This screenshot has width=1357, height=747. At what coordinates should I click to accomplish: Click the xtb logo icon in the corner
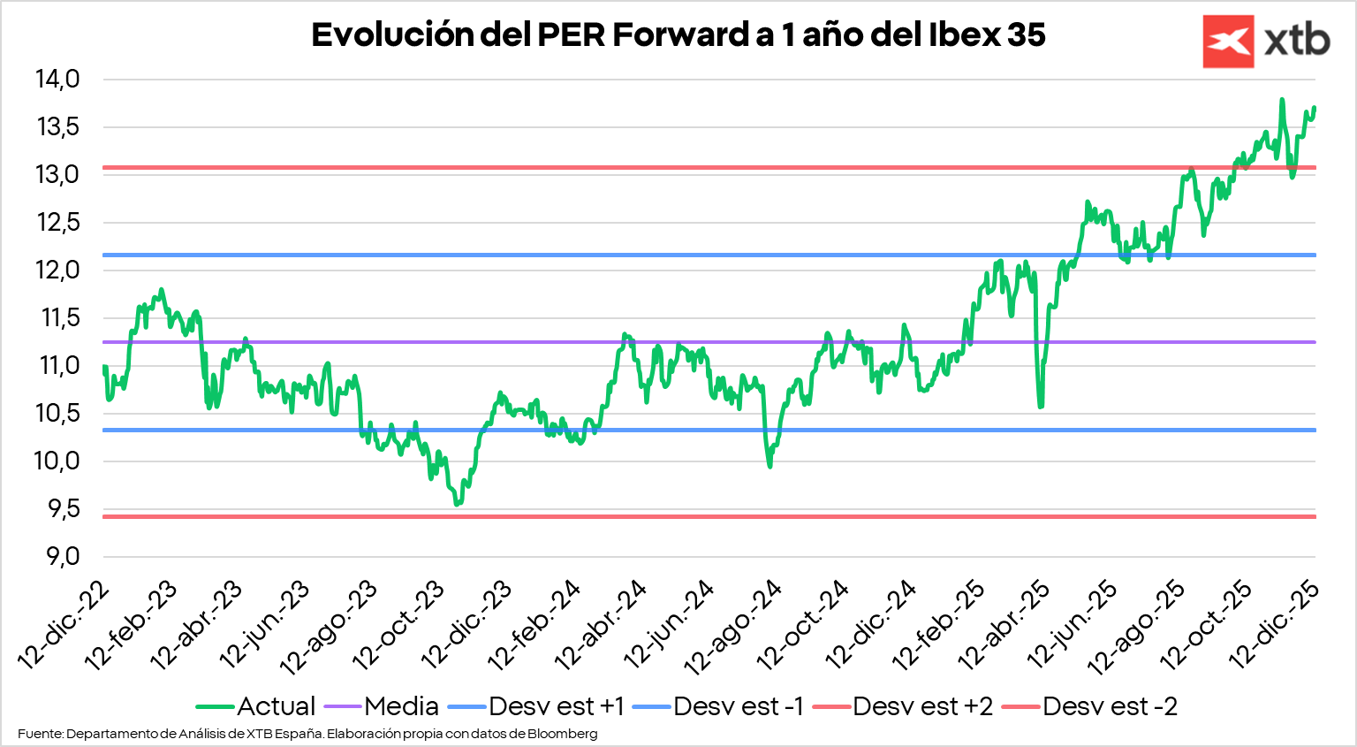coord(1228,42)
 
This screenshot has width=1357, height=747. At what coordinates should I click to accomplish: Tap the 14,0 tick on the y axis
coord(57,80)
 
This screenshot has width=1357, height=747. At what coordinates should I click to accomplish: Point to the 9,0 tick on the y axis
coord(57,557)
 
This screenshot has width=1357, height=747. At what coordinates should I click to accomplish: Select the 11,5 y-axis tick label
coord(57,318)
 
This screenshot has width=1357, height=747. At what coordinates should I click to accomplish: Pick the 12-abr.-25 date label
coord(1005,623)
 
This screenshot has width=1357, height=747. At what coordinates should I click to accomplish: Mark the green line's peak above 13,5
coord(1282,100)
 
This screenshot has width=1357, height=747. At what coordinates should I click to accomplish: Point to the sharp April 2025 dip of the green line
coord(1041,406)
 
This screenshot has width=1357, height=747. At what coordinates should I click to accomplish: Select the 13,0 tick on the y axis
coord(57,175)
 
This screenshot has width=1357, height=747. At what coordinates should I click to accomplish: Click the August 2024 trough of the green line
coord(769,465)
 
